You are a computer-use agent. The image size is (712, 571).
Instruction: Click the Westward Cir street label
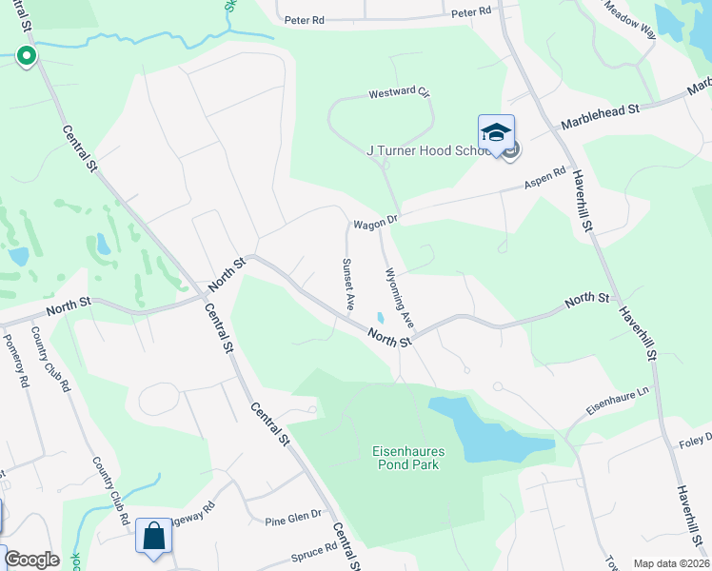click(400, 93)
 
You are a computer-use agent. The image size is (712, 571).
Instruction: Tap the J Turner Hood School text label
click(432, 150)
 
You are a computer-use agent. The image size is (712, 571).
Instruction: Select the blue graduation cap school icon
click(496, 133)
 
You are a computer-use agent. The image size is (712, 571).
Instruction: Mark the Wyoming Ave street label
click(398, 299)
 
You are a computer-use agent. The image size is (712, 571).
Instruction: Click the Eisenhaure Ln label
click(616, 404)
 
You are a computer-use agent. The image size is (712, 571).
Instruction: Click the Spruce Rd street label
click(318, 549)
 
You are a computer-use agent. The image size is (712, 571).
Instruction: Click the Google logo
click(31, 560)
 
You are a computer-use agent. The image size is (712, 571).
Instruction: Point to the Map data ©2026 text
click(671, 563)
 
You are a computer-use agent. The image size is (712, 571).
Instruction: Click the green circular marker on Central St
click(27, 56)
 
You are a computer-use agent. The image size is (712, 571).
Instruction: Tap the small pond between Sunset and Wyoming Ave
click(381, 318)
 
